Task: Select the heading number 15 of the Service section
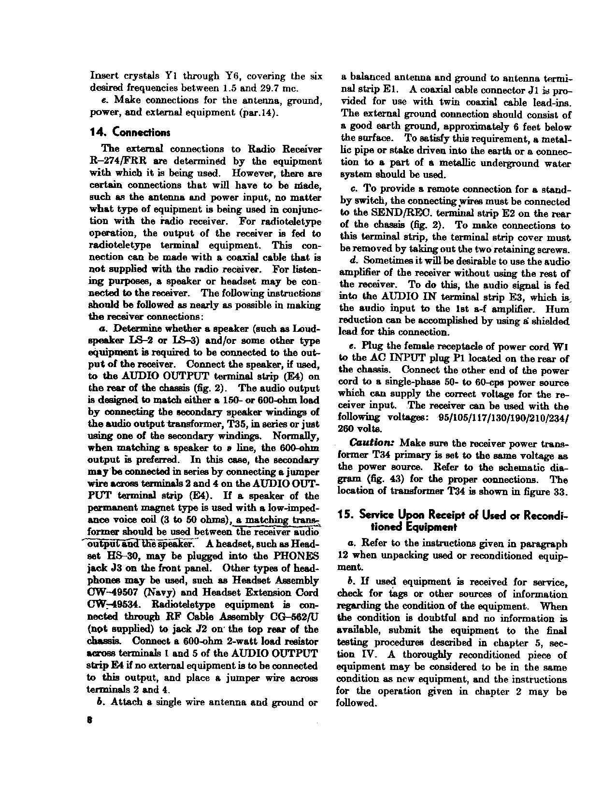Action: (344, 515)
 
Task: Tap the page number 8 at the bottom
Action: (90, 719)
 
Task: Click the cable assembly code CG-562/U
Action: (291, 617)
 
